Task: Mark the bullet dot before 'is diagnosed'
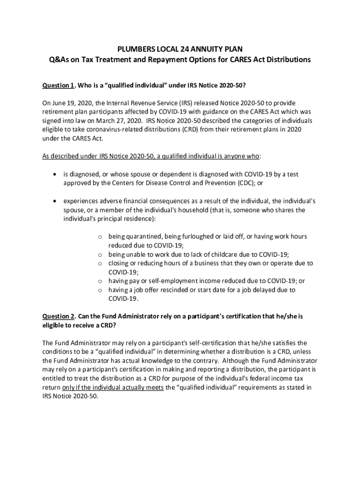pos(56,174)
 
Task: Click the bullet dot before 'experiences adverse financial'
pos(56,201)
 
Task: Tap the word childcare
pos(213,254)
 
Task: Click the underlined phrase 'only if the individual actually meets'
pos(113,388)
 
